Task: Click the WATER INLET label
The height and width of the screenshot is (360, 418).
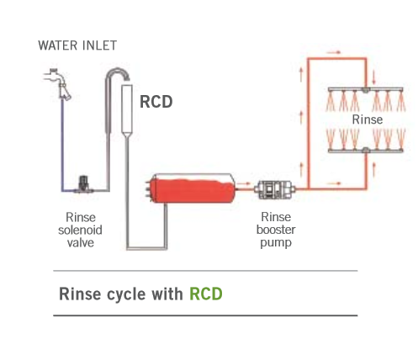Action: pos(77,45)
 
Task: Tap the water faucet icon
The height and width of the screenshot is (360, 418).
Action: pos(57,83)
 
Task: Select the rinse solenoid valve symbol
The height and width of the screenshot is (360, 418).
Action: pos(83,184)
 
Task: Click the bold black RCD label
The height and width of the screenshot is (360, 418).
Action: pos(156,102)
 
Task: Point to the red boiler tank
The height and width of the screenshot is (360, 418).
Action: pos(192,188)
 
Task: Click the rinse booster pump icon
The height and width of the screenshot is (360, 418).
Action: pos(274,190)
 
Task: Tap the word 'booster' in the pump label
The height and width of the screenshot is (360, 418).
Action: pos(276,230)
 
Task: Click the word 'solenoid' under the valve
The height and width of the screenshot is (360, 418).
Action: pos(80,230)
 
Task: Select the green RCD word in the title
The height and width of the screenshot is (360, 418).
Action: pos(206,294)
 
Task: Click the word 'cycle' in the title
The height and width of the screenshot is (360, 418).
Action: pos(126,294)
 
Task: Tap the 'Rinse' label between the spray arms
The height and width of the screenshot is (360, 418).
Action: pos(368,119)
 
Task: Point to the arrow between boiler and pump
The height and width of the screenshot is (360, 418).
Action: pos(243,184)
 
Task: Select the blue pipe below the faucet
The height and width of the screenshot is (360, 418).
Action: pos(62,146)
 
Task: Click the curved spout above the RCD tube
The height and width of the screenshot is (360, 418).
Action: pos(117,73)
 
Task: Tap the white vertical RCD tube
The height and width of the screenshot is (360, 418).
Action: pos(127,110)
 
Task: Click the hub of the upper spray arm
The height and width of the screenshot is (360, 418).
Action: pos(365,90)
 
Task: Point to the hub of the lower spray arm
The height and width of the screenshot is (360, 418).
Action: pos(365,151)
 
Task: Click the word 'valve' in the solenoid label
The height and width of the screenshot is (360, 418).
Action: pos(81,243)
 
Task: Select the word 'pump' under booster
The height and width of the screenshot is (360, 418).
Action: pos(276,243)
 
